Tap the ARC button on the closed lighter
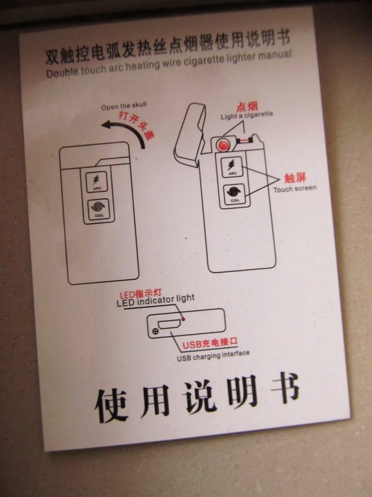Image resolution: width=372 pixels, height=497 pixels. [x=97, y=182]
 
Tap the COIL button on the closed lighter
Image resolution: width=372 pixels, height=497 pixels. [x=98, y=209]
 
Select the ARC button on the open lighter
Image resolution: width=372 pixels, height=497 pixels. [x=232, y=167]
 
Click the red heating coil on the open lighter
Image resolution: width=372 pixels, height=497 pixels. [x=223, y=145]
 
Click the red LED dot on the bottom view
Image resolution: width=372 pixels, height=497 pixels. [x=183, y=319]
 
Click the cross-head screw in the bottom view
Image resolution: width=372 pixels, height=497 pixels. [x=155, y=331]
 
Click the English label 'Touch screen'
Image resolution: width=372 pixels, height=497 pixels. [x=295, y=189]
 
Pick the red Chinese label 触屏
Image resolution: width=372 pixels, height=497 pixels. [x=295, y=178]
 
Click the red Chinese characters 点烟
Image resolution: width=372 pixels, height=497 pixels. [x=247, y=106]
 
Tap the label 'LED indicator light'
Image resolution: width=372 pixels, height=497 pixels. [x=155, y=300]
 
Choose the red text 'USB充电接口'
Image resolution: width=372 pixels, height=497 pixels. [x=210, y=343]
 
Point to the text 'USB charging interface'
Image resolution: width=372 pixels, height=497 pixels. [x=213, y=355]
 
